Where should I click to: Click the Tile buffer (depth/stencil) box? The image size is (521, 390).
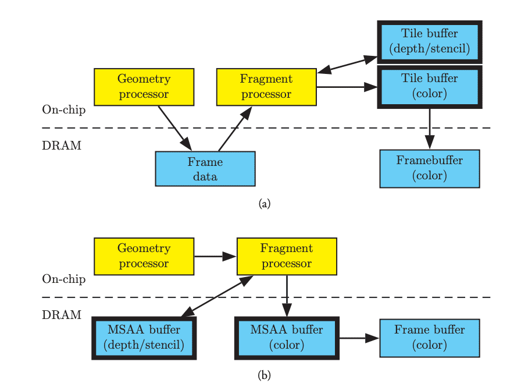(x=429, y=41)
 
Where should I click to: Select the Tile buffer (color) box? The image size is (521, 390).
(x=429, y=86)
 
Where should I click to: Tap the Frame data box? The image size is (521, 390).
(x=205, y=169)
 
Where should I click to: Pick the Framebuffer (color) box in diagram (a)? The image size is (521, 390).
(x=429, y=168)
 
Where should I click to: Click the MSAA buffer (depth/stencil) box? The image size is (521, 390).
(x=144, y=338)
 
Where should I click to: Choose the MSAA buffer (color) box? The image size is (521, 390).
(x=287, y=338)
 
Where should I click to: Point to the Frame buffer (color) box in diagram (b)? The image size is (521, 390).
(x=429, y=338)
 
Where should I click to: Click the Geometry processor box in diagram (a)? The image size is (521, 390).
(x=144, y=87)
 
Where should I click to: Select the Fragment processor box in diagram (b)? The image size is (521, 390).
(x=286, y=256)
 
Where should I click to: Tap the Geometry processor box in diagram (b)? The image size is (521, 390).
(x=144, y=256)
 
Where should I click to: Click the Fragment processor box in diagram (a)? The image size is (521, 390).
(x=266, y=87)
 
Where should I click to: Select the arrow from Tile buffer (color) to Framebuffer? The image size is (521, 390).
(x=429, y=128)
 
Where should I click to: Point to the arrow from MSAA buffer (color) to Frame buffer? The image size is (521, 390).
(x=359, y=338)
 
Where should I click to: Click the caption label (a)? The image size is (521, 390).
(x=265, y=204)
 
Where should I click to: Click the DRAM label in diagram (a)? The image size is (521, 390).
(x=61, y=146)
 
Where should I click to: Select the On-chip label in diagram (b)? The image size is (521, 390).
(x=63, y=279)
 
